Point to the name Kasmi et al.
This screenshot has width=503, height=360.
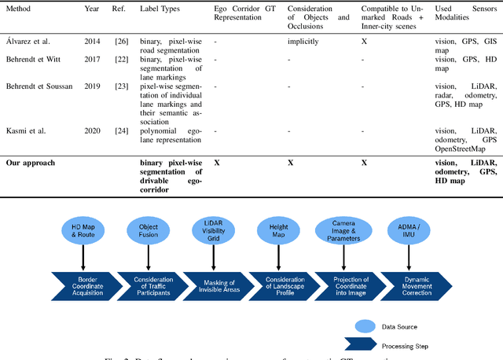click(24, 130)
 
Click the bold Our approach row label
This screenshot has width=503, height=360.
click(31, 163)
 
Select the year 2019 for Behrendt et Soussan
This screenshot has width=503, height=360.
click(93, 87)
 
